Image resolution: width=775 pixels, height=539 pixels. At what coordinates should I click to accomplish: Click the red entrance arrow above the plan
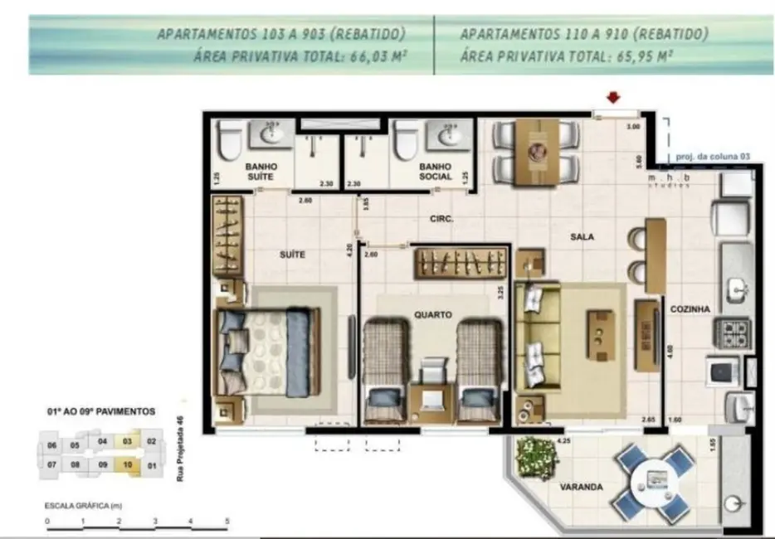coord(613,98)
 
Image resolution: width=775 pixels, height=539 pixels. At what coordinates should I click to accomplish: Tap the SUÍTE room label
coord(292,255)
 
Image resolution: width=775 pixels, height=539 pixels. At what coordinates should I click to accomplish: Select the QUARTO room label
coord(433,315)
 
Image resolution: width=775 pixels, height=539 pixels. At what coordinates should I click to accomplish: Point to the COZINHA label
coord(691,309)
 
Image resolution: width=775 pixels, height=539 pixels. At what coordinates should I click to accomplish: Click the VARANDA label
coord(582,488)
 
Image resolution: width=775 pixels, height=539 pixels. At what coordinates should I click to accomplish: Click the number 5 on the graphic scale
coord(227,522)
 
